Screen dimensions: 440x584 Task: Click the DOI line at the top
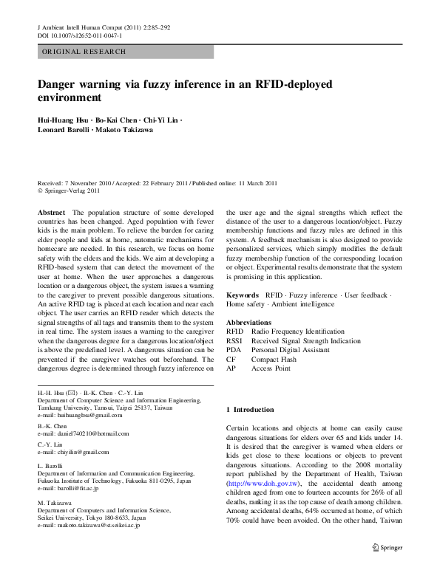pyautogui.click(x=80, y=35)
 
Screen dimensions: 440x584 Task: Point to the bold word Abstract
pyautogui.click(x=51, y=212)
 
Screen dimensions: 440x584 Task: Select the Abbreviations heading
pyautogui.click(x=249, y=323)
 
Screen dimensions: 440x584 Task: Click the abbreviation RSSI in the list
pyautogui.click(x=234, y=341)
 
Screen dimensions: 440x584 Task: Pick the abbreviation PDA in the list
pyautogui.click(x=234, y=350)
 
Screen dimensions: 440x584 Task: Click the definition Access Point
pyautogui.click(x=271, y=368)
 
